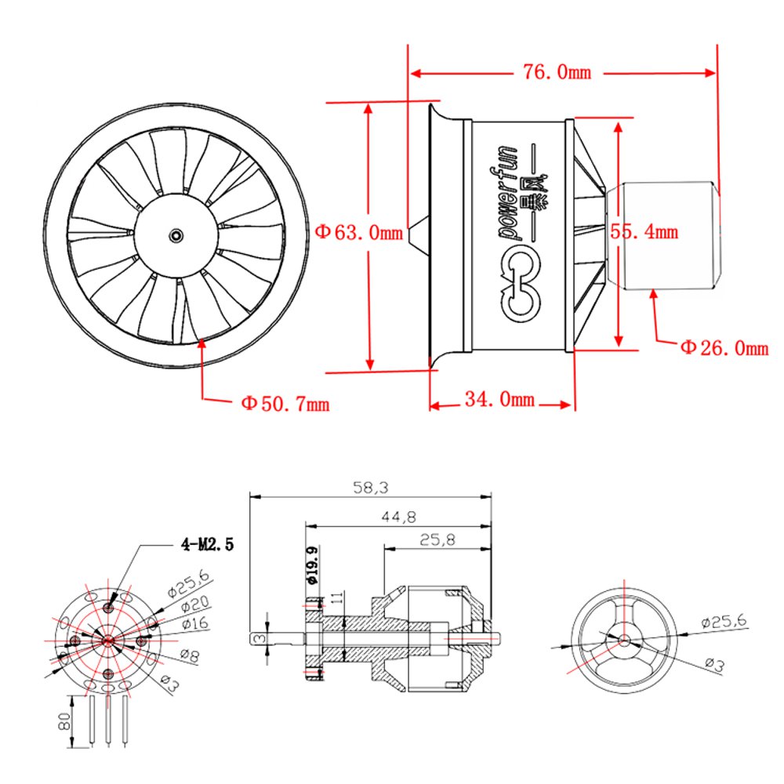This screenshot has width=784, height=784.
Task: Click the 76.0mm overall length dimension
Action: pos(557,73)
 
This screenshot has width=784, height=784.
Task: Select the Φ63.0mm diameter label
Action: pos(358,232)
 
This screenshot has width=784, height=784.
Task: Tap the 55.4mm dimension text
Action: pos(644,232)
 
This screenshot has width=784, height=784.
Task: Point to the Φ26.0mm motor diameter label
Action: pos(724,348)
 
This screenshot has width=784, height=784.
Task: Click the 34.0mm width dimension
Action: pos(499,400)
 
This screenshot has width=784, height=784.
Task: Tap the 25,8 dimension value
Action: pos(437,540)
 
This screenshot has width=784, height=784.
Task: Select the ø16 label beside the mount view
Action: pos(195,624)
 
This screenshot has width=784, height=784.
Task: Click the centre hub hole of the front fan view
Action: pos(177,234)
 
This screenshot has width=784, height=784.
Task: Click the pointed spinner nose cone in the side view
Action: pos(418,234)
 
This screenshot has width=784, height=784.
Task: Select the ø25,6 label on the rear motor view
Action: pos(724,621)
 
